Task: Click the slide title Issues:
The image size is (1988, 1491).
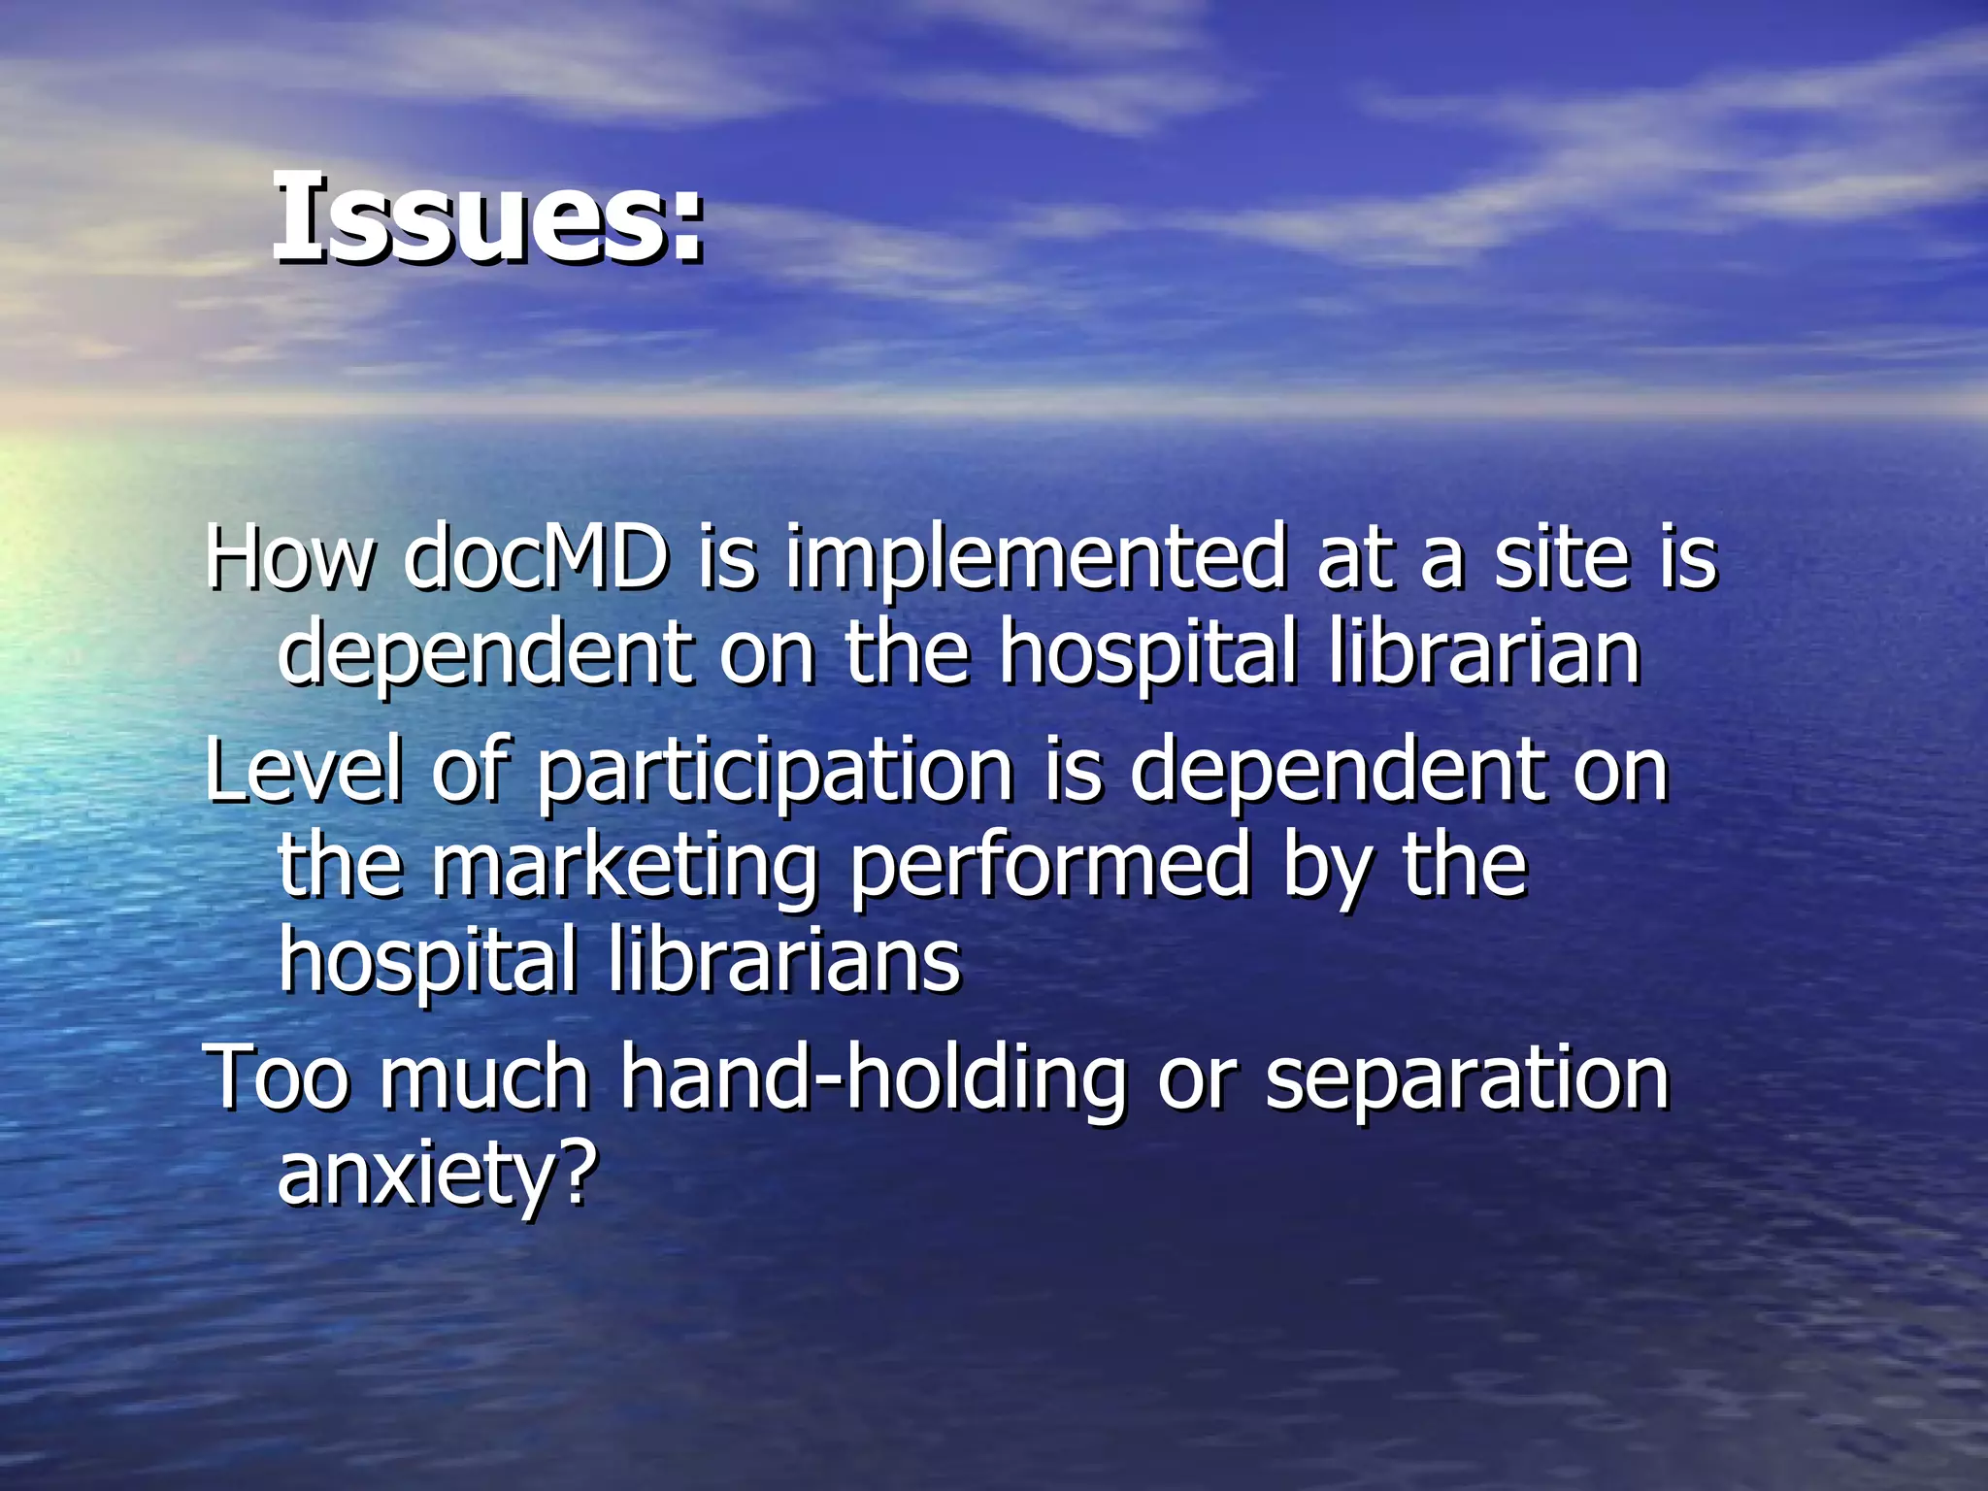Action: coord(488,217)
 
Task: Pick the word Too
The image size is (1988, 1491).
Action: coord(278,1077)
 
